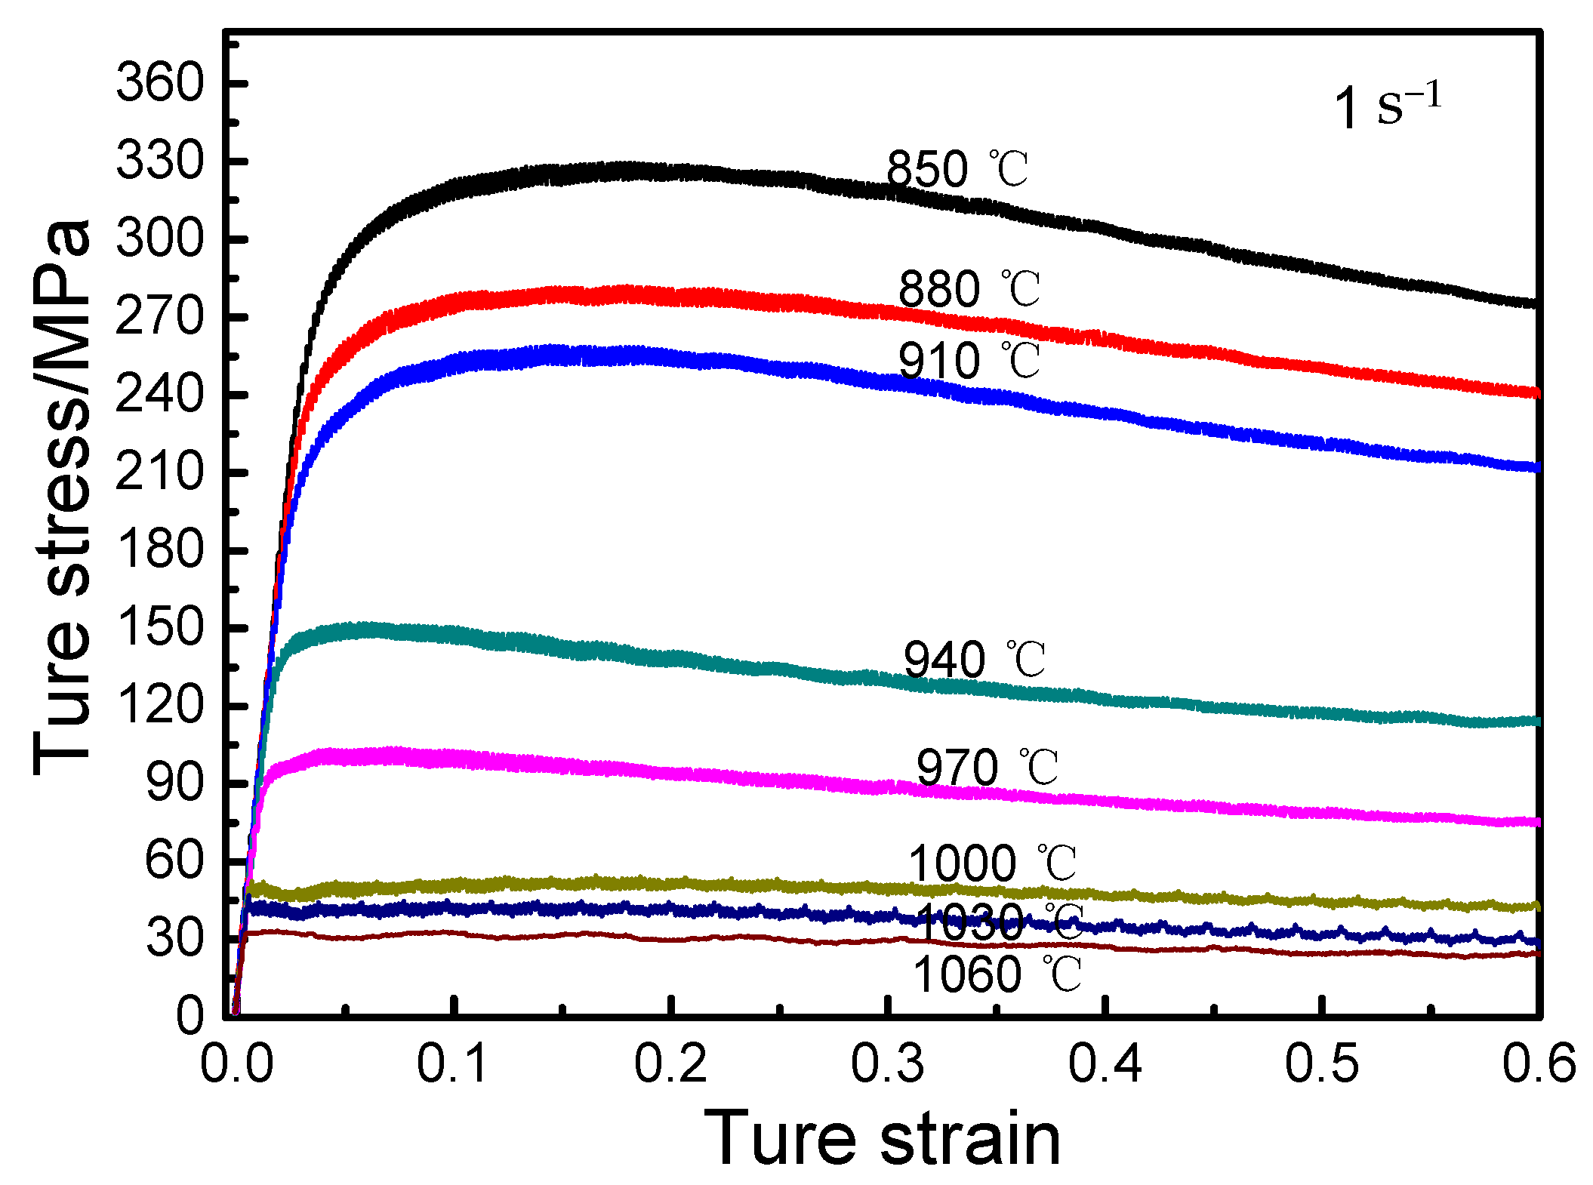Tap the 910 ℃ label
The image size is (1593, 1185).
(x=969, y=361)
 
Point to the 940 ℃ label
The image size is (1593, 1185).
(x=974, y=660)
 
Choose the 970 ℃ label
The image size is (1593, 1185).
(x=987, y=768)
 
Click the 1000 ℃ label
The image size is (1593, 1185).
(x=992, y=863)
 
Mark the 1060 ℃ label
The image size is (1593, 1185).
(x=997, y=974)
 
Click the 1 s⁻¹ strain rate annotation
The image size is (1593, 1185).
(x=1388, y=107)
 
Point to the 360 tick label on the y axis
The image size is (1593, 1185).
(x=160, y=83)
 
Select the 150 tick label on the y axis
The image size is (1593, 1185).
(x=160, y=628)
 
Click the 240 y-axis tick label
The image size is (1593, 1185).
(x=160, y=395)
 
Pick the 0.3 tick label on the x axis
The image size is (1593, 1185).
(x=887, y=1064)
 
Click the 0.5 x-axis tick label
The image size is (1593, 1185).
(x=1321, y=1064)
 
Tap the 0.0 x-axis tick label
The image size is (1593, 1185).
(x=236, y=1064)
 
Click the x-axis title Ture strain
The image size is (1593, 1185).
(x=883, y=1139)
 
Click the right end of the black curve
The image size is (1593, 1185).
(x=1533, y=303)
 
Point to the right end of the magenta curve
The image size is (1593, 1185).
(x=1533, y=822)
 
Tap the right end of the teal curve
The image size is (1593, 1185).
(x=1533, y=722)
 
